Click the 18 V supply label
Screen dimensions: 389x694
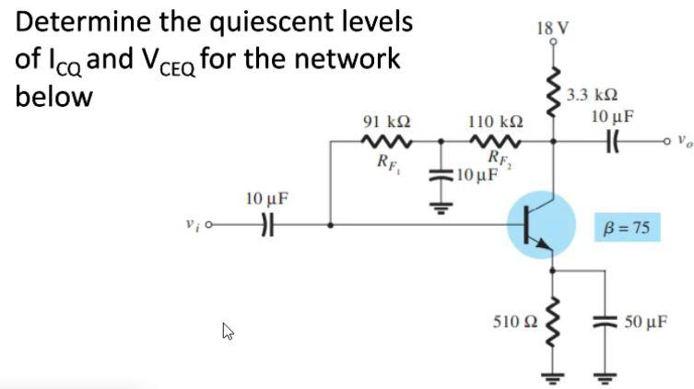pos(551,27)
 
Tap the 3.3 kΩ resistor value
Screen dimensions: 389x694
pos(592,95)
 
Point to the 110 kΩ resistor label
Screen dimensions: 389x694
pos(495,122)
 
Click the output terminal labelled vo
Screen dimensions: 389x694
pos(680,142)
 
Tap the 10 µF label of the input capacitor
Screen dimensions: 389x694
pos(266,198)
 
